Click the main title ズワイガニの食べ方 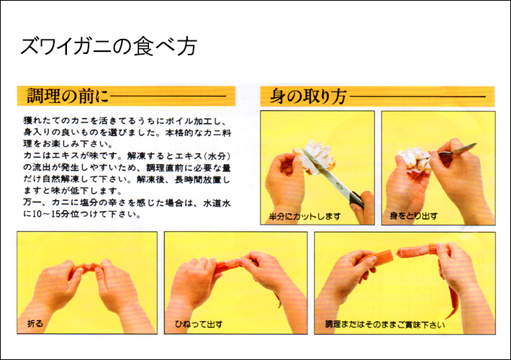(x=109, y=47)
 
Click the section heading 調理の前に (x=68, y=96)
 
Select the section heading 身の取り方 (x=308, y=96)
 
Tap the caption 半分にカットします (x=304, y=217)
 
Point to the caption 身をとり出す (x=414, y=216)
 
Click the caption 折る (x=35, y=323)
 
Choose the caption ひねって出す (x=199, y=324)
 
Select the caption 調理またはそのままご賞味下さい (x=385, y=325)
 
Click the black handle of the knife (x=356, y=199)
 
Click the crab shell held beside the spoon (x=414, y=161)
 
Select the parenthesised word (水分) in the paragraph (x=215, y=156)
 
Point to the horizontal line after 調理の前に (x=168, y=96)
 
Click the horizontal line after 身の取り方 (x=417, y=96)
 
